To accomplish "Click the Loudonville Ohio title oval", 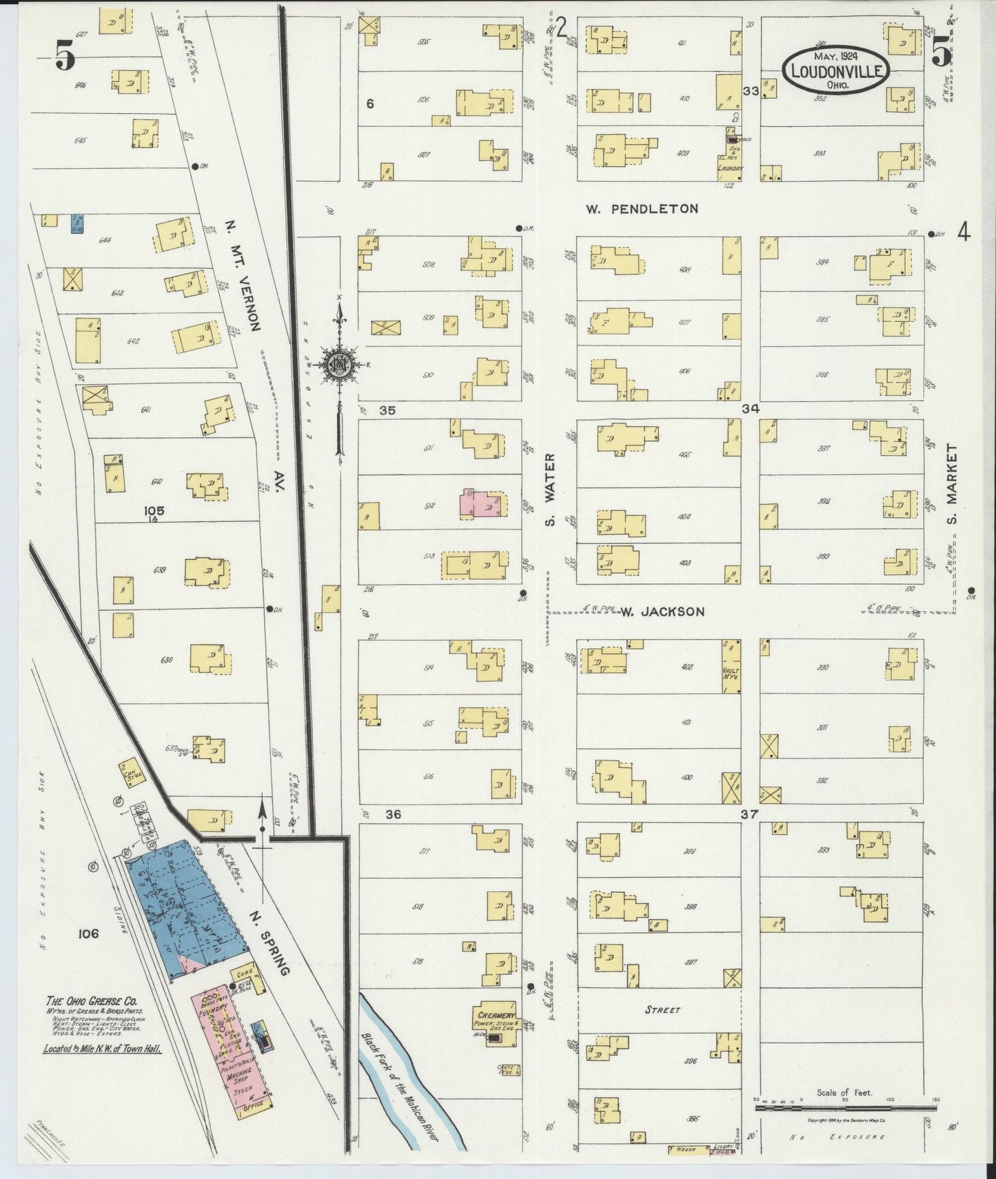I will [835, 70].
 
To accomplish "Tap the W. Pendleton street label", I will [642, 208].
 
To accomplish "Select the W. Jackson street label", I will [662, 612].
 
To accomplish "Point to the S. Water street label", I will [550, 489].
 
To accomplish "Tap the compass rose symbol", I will [339, 365].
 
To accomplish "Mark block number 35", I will [387, 410].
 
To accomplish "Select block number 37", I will [749, 814].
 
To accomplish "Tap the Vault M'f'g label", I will [731, 674].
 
